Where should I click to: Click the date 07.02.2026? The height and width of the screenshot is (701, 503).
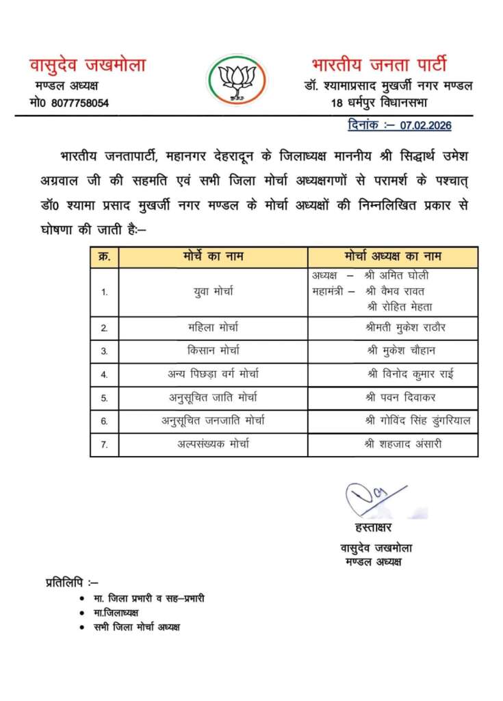click(426, 126)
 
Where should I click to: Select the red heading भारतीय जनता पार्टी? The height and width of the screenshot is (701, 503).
click(378, 66)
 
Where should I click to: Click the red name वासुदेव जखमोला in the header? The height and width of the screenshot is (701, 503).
click(87, 66)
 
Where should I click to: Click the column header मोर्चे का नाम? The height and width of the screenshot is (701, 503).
click(213, 257)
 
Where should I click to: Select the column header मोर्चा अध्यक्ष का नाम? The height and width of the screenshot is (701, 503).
click(393, 257)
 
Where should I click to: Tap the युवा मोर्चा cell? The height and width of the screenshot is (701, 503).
click(213, 291)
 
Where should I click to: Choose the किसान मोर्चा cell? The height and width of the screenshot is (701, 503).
click(213, 351)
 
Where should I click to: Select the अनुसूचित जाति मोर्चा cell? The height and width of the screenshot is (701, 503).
click(213, 398)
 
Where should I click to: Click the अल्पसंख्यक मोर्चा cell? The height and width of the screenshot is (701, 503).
click(213, 444)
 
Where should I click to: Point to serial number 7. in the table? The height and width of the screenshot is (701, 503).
click(104, 445)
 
